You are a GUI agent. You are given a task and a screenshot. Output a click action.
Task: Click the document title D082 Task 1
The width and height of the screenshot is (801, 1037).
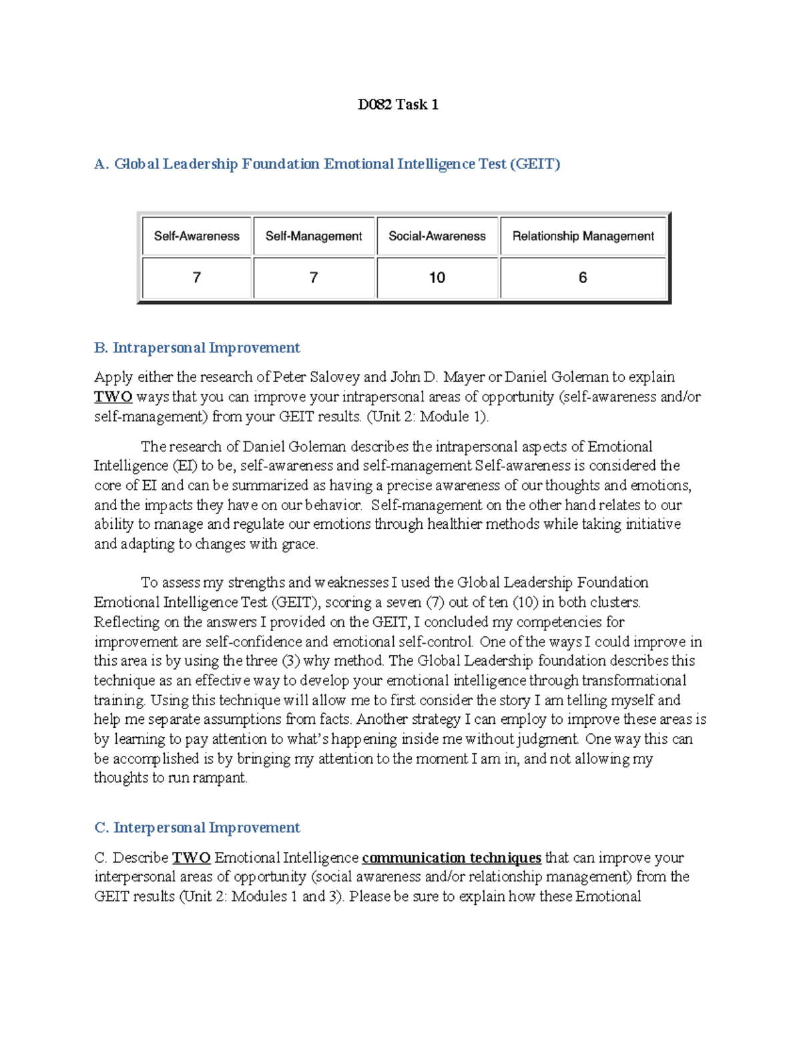pos(398,104)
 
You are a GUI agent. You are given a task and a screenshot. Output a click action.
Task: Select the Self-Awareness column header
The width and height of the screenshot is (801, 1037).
pos(196,236)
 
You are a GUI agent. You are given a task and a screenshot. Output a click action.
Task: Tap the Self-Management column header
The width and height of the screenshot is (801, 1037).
pos(314,236)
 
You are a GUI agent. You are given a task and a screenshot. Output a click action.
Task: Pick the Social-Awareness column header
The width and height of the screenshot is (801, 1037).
pos(437,236)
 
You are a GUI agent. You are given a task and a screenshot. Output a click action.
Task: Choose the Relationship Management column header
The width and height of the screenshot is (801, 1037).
pos(583,236)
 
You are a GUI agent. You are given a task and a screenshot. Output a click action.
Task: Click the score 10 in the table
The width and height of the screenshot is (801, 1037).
pos(437,278)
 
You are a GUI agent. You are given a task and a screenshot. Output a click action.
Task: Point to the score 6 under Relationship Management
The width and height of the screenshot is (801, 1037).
pos(583,278)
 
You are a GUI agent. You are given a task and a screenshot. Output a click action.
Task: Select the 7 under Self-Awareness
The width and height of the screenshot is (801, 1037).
pos(196,278)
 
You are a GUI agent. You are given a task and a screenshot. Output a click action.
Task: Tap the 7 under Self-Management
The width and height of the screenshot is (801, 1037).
pos(314,278)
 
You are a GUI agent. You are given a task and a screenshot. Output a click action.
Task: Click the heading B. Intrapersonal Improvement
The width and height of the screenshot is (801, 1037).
pos(197,348)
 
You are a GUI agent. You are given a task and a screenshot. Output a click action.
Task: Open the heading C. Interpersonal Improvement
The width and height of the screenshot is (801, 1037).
pos(197,828)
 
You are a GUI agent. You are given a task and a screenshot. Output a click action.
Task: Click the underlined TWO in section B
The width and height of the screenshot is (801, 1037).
pos(113,397)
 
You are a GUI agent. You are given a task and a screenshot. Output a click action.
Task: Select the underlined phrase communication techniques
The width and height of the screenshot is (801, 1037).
pos(451,857)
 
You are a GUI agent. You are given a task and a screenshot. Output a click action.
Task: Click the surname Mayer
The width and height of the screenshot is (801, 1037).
pos(464,377)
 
